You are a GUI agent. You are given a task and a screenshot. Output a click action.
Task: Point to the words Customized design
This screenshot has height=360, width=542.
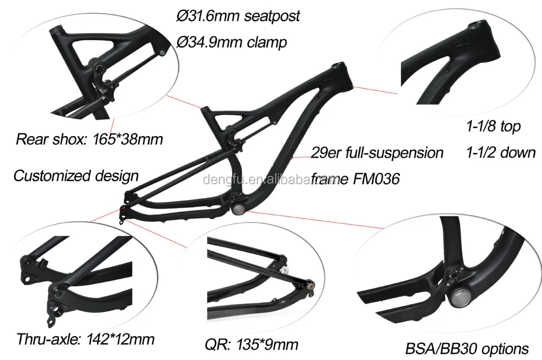click(75, 175)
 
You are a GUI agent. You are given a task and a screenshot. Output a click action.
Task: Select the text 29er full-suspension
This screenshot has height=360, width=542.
click(377, 152)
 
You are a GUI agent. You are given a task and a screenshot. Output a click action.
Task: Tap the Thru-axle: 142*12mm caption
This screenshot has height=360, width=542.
click(85, 339)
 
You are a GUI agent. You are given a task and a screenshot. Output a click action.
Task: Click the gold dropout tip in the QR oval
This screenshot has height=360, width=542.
click(311, 284)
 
